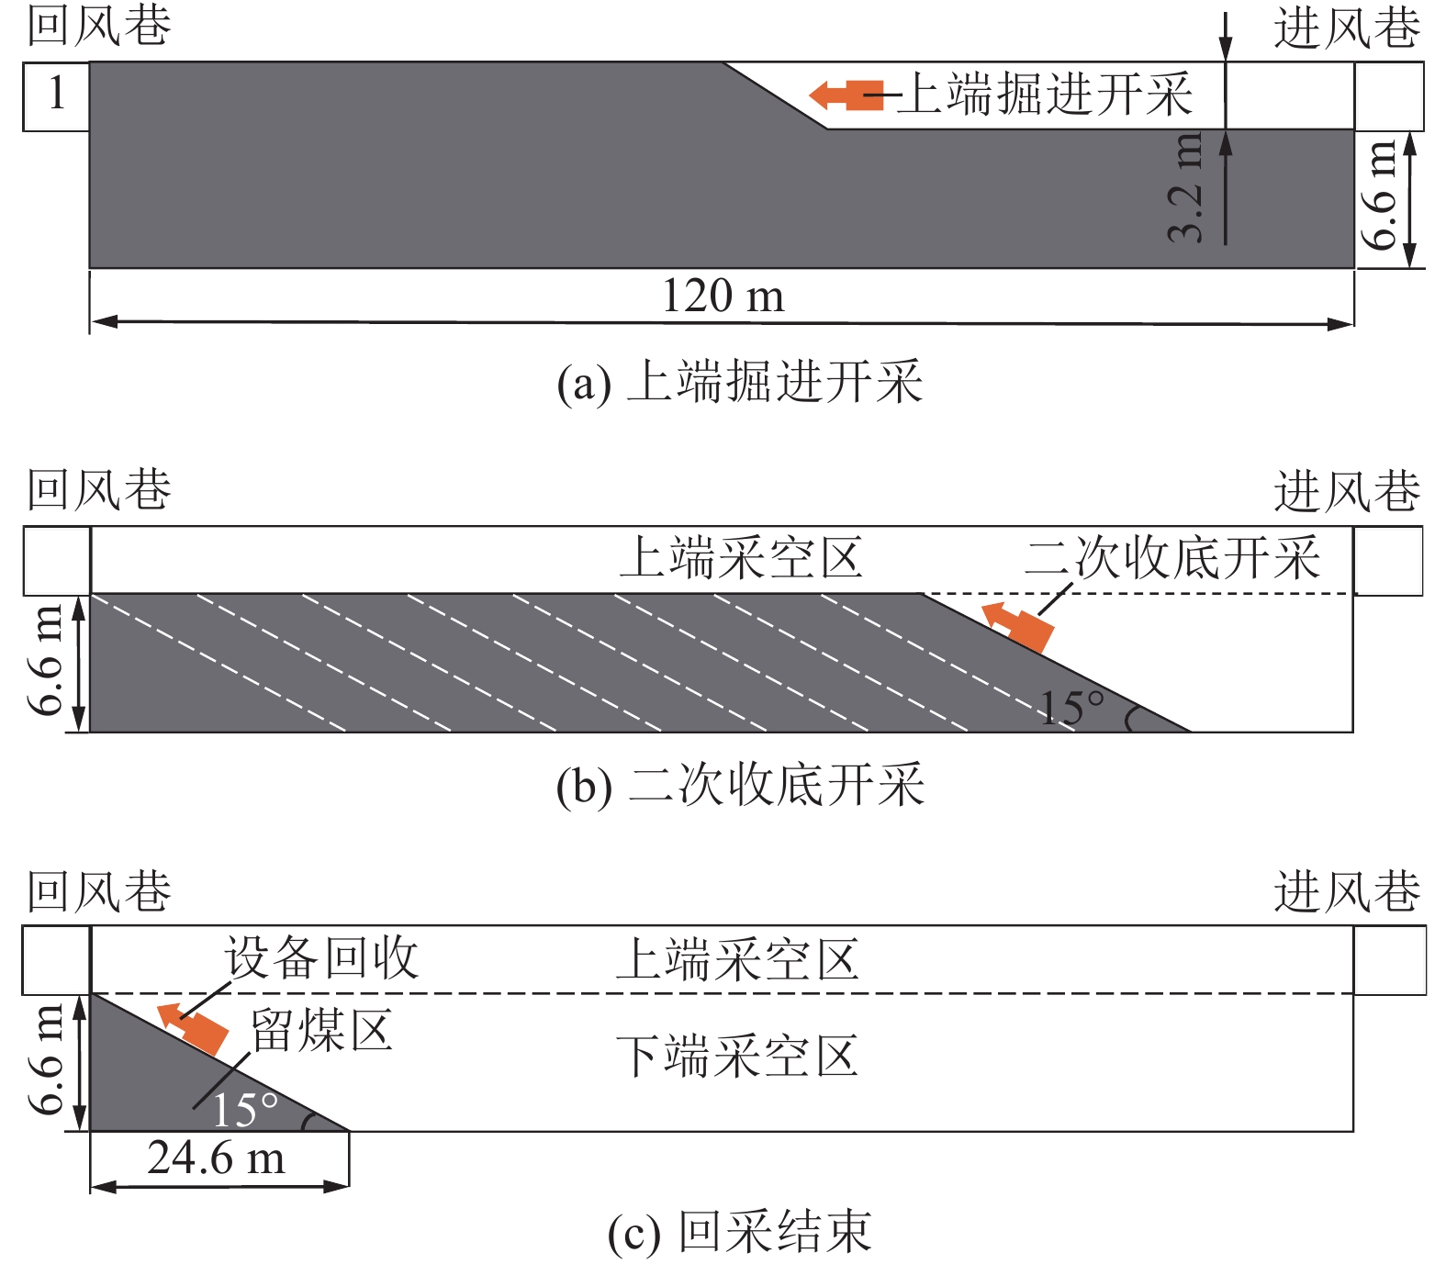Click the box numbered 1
point(56,95)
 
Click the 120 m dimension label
point(723,296)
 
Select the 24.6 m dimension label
point(217,1158)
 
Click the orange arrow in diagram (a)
point(846,95)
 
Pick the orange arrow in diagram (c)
point(193,1028)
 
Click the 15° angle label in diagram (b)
point(1071,708)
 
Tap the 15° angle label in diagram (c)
point(244,1110)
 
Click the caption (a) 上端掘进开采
point(739,383)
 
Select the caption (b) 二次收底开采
point(740,786)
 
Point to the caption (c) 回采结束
point(739,1232)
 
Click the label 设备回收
point(321,958)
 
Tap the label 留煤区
point(321,1030)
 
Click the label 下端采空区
point(736,1057)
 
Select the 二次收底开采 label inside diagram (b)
point(1172,557)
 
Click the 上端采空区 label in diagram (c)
point(736,960)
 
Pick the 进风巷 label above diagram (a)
point(1346,28)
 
